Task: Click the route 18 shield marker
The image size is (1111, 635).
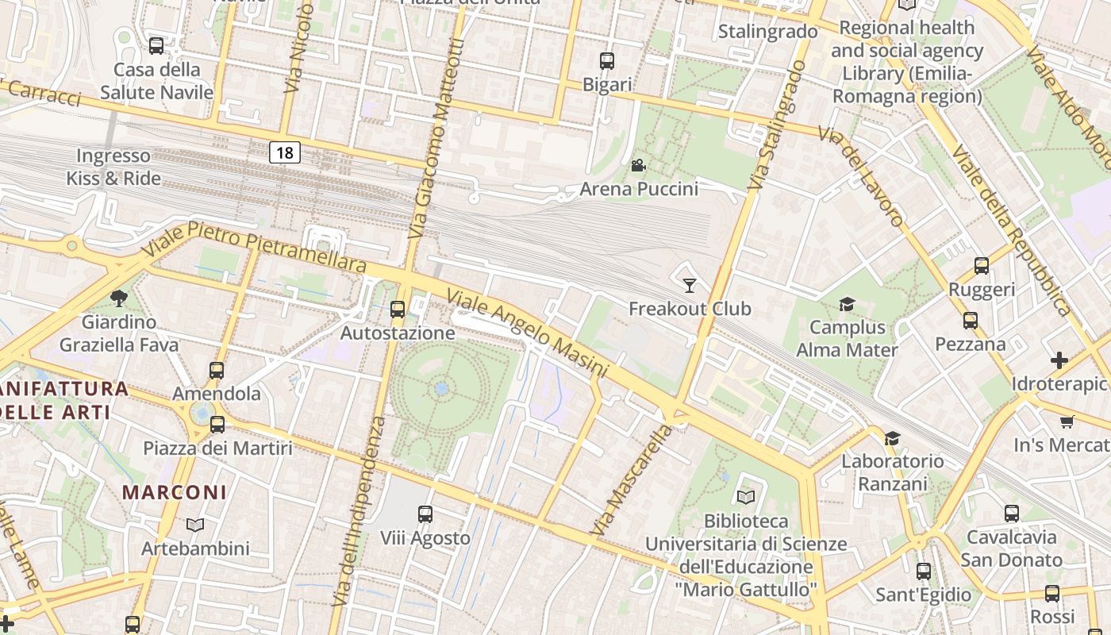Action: click(x=284, y=152)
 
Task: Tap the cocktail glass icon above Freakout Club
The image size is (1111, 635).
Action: click(x=689, y=285)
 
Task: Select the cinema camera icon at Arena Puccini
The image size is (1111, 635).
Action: click(x=638, y=165)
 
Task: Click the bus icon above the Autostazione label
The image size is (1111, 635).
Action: click(x=398, y=310)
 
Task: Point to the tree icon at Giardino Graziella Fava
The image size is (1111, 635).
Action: click(x=119, y=298)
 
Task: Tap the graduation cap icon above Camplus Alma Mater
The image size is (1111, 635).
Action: click(x=847, y=304)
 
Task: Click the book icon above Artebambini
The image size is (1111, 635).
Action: click(x=195, y=525)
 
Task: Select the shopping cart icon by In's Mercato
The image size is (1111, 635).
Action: click(x=1067, y=421)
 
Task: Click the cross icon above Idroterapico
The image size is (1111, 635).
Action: click(x=1059, y=360)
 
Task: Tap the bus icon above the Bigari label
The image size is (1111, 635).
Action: click(x=607, y=60)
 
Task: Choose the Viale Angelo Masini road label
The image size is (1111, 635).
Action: click(x=527, y=334)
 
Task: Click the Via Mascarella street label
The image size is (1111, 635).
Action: click(x=632, y=480)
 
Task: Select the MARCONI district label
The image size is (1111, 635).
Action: click(x=175, y=492)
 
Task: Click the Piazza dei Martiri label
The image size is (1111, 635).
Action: click(x=217, y=448)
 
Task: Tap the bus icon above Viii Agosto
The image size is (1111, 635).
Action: click(x=425, y=514)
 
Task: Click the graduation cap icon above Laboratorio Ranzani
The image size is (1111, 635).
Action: click(x=893, y=438)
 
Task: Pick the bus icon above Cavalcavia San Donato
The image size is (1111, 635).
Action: click(x=1011, y=514)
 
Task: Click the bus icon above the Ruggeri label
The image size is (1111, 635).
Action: click(x=982, y=266)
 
